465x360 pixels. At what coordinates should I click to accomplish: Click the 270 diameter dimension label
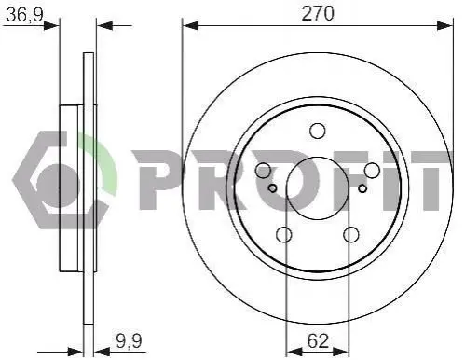318,14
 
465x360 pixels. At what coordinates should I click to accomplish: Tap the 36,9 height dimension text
24,15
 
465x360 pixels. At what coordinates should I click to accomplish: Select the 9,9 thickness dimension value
130,340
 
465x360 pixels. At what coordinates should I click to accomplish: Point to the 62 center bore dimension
318,341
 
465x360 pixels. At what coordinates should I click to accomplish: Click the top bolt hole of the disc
318,131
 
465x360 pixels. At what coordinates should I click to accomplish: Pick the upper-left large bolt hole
264,171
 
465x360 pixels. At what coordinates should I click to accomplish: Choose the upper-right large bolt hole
372,171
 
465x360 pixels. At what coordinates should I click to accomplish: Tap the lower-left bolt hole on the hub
284,234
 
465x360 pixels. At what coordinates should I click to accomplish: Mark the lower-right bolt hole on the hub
351,234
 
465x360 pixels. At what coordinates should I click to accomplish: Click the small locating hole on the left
272,188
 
